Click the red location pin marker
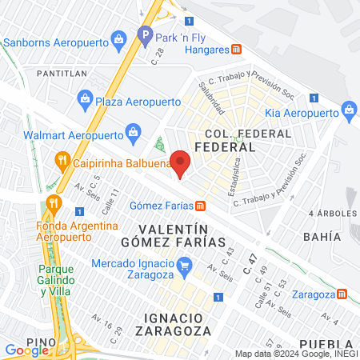181,163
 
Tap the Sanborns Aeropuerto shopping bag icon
119,38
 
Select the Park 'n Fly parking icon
145,34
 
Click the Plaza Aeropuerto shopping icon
84,99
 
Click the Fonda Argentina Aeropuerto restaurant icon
54,202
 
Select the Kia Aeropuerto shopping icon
348,109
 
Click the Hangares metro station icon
236,48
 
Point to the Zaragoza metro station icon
342,294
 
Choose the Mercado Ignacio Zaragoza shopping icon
185,264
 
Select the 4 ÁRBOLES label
331,214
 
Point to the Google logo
26,350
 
